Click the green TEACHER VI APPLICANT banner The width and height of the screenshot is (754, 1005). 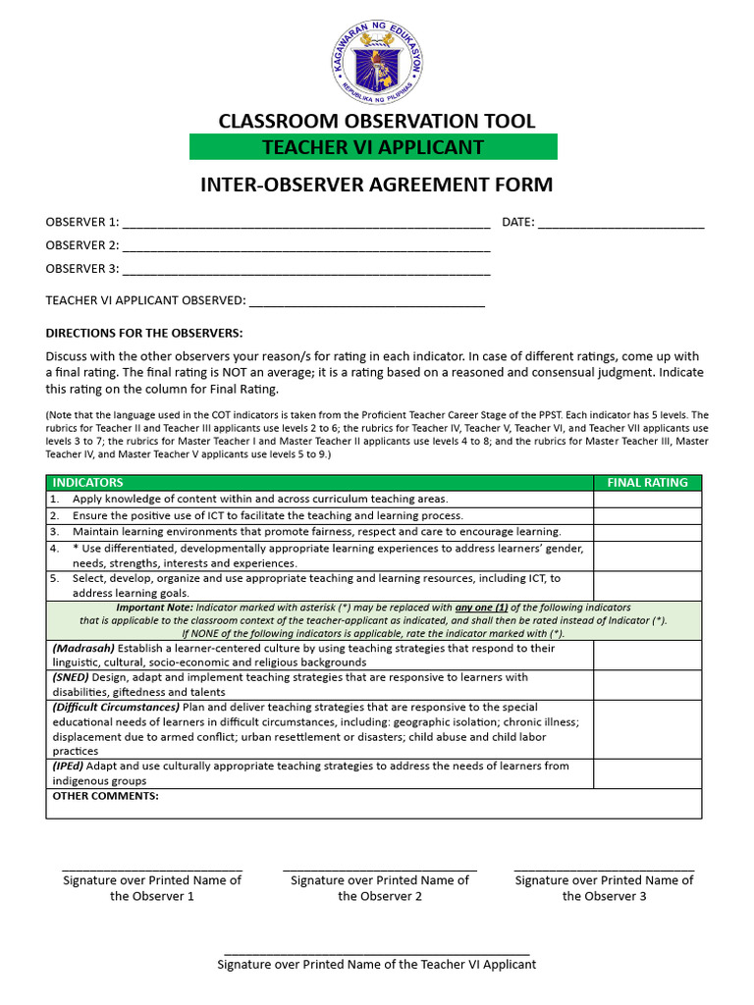point(373,147)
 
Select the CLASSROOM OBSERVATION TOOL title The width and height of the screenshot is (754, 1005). point(377,121)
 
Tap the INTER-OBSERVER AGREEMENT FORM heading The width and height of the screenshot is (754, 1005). point(377,185)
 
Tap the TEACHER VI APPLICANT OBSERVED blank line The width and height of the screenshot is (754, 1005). point(366,303)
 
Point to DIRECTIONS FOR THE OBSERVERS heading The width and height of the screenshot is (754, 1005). point(143,333)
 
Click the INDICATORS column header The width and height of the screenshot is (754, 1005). point(87,483)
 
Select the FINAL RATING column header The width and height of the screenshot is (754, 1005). point(647,483)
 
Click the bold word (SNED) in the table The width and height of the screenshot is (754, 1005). point(70,678)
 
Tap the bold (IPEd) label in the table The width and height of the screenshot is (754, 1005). point(69,767)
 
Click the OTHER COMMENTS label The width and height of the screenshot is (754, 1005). point(104,797)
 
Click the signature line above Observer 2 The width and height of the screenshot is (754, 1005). point(380,870)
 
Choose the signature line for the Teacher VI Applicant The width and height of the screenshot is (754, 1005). point(377,953)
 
